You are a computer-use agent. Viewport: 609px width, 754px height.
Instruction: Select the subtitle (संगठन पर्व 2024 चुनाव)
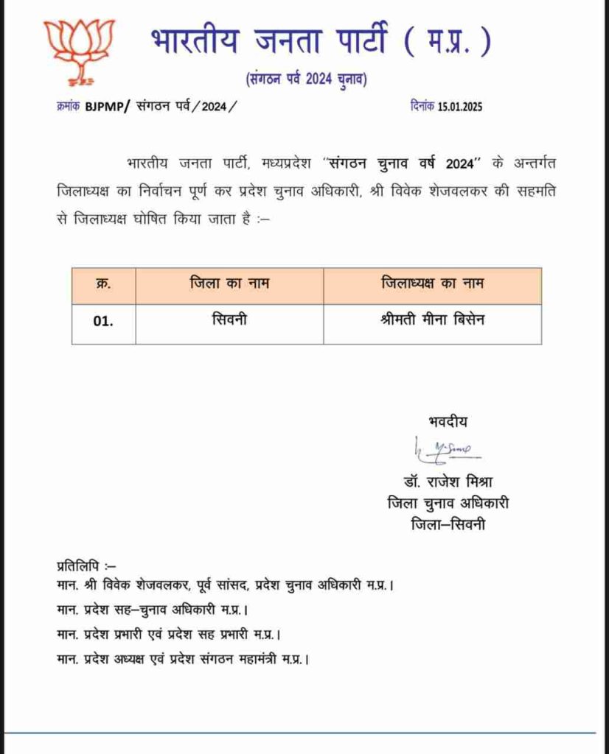pos(306,80)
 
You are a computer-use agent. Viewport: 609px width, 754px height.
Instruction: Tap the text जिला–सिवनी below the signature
pos(448,524)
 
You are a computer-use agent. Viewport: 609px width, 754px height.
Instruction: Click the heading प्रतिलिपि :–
pos(81,565)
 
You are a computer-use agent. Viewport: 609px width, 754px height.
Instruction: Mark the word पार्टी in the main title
pos(355,41)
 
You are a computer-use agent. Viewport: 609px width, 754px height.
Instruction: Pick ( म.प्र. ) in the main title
pos(446,41)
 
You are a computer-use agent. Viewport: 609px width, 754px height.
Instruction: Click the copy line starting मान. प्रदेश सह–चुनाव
pos(151,610)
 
